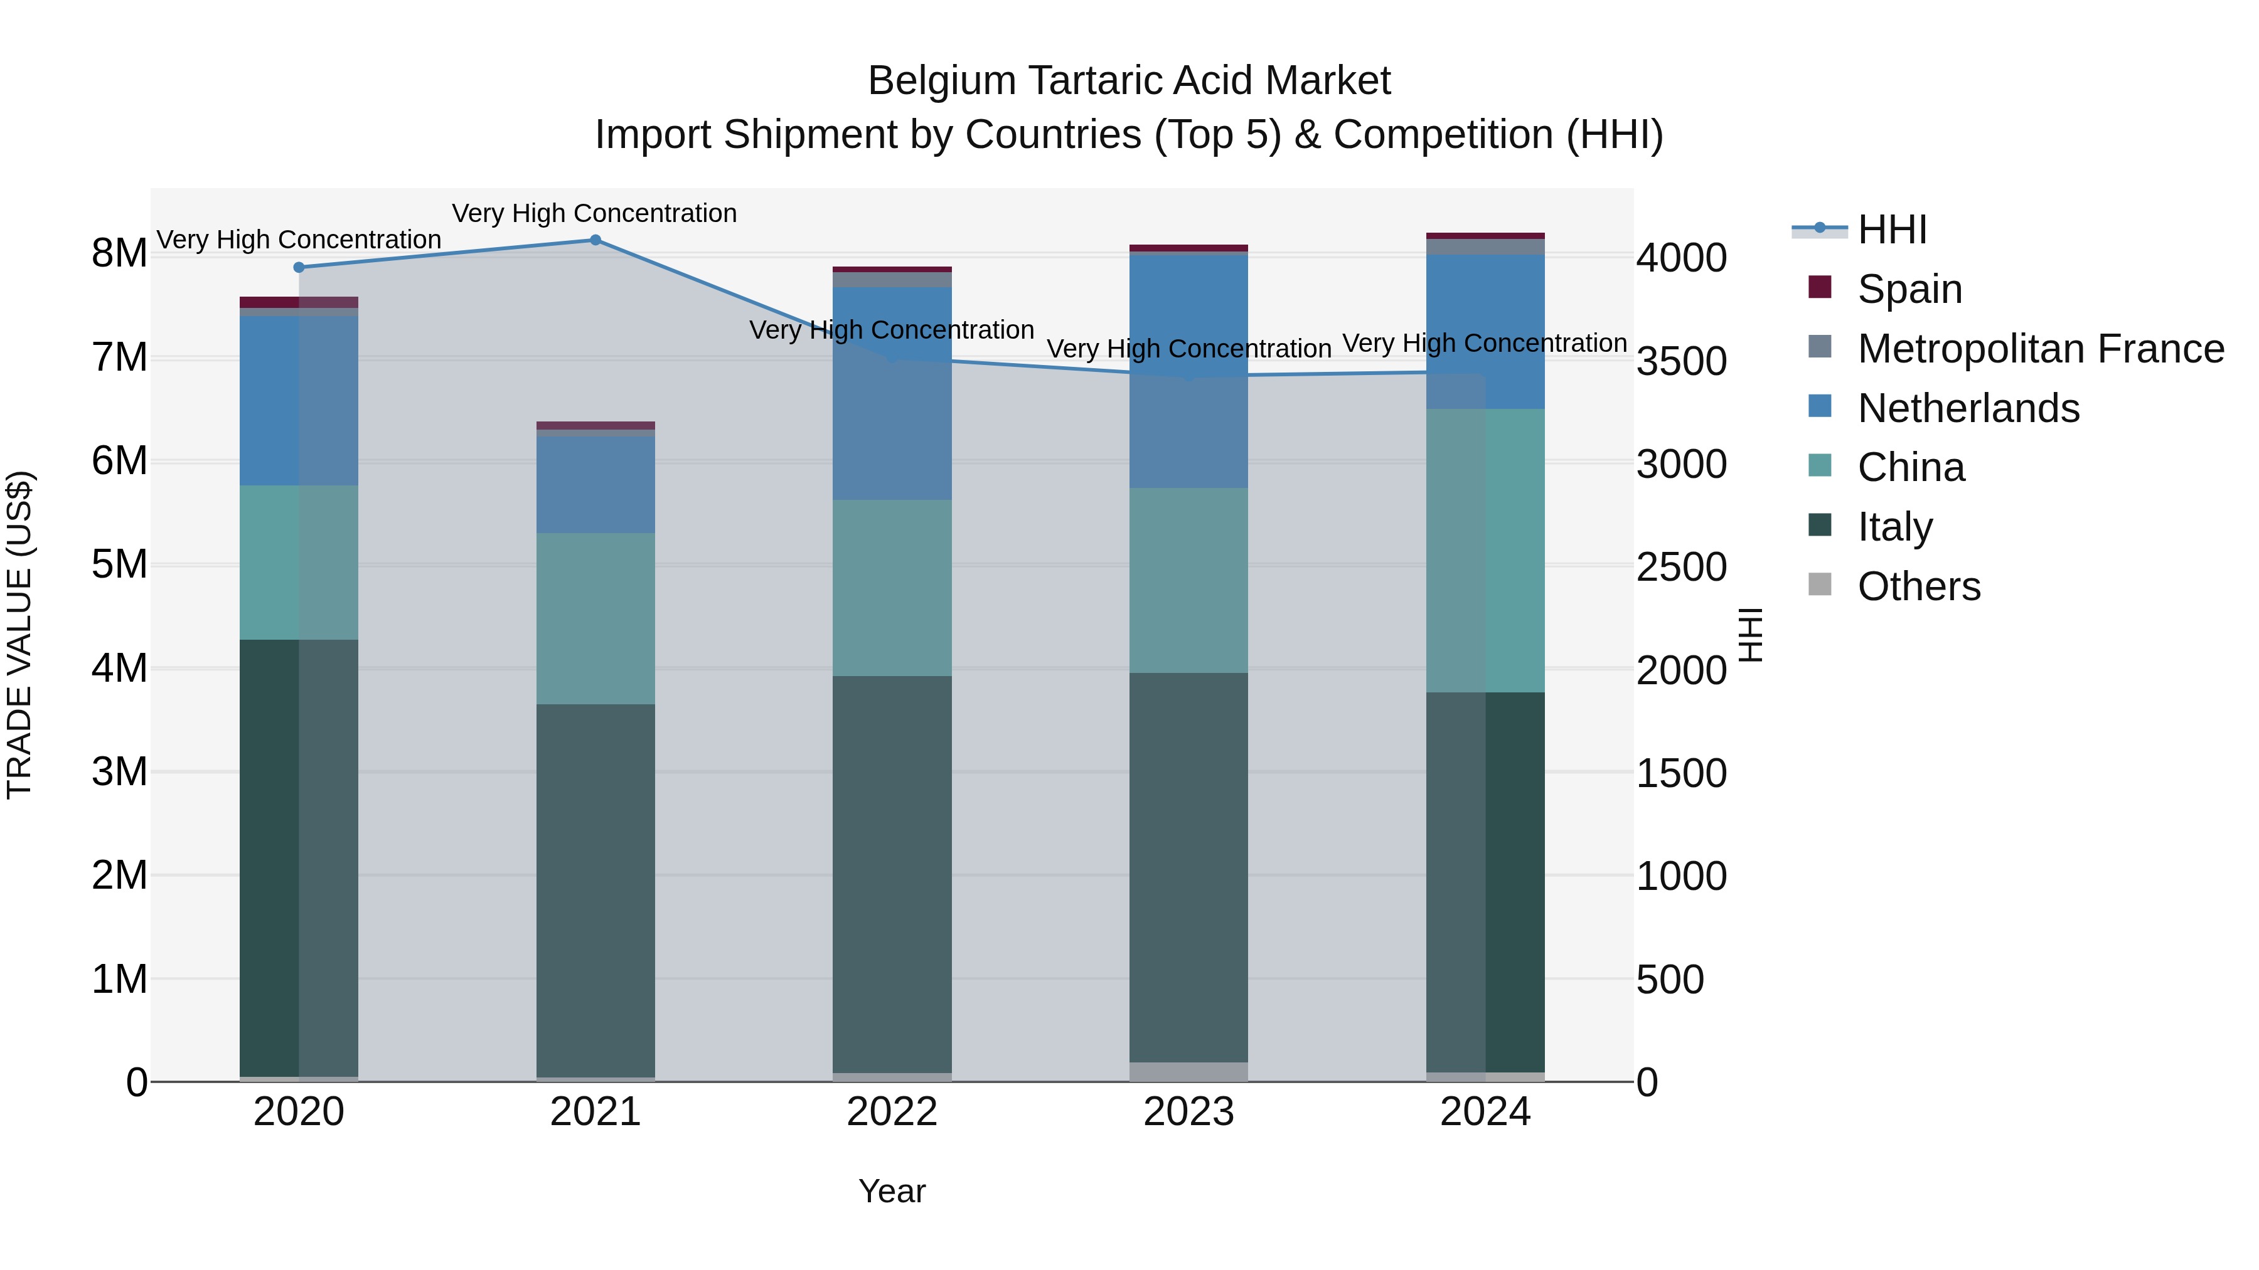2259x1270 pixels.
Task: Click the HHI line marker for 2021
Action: click(x=595, y=240)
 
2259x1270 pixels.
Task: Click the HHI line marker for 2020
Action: click(x=299, y=267)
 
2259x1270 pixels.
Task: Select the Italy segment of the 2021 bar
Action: click(x=595, y=889)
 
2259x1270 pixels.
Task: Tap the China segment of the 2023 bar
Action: click(x=1188, y=580)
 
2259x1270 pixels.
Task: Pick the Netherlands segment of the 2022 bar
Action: click(x=892, y=394)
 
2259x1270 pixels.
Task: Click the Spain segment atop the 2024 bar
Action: click(x=1485, y=236)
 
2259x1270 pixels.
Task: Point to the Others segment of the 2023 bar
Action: click(x=1188, y=1071)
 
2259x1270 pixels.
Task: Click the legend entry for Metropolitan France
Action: click(x=2040, y=349)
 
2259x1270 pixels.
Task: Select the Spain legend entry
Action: click(x=1909, y=289)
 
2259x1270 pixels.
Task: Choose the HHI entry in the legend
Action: click(x=1891, y=230)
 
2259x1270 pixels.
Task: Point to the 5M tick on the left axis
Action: click(x=119, y=564)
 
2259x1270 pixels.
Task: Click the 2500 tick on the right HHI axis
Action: click(x=1681, y=567)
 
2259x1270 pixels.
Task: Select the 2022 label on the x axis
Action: click(x=892, y=1112)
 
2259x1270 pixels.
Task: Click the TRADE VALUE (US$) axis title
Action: click(x=19, y=635)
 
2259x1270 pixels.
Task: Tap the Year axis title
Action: click(x=892, y=1191)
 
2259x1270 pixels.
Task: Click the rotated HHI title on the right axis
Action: click(x=1750, y=635)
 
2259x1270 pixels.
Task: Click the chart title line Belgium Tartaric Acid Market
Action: click(x=1129, y=81)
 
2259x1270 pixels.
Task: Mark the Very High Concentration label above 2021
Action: click(x=595, y=213)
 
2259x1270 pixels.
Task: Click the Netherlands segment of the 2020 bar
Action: click(x=299, y=401)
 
